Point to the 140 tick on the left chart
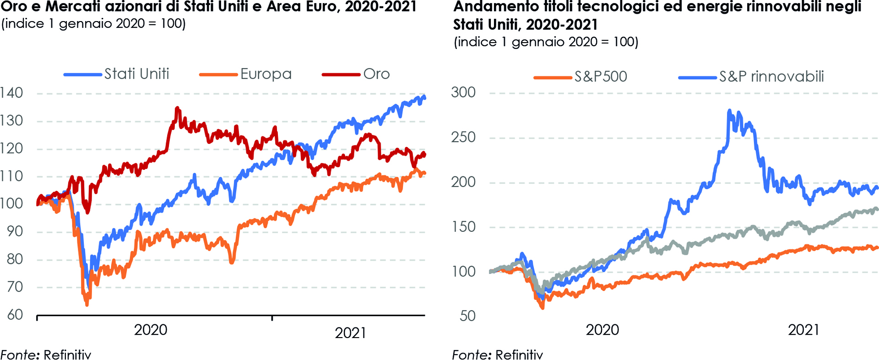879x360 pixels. coord(11,93)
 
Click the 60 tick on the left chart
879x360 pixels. coord(15,315)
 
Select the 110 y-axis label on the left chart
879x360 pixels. coord(11,176)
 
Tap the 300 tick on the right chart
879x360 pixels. coord(463,93)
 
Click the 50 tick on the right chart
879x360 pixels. coord(467,316)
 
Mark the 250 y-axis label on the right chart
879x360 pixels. coord(463,137)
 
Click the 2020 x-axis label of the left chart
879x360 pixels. coord(151,330)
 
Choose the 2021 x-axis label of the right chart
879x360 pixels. coord(804,330)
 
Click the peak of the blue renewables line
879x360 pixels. coord(729,110)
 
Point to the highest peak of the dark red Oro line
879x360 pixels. coord(177,108)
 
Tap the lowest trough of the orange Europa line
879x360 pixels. coord(87,304)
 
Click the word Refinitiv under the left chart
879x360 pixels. coord(67,355)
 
